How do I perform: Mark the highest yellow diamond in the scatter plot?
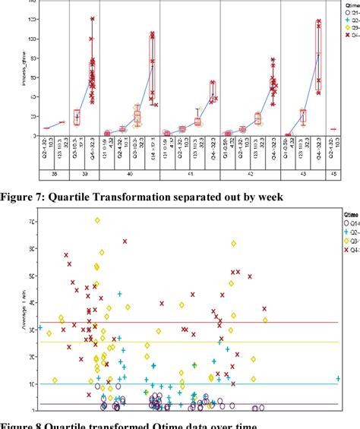click(97, 221)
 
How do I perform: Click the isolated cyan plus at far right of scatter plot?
click(338, 378)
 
